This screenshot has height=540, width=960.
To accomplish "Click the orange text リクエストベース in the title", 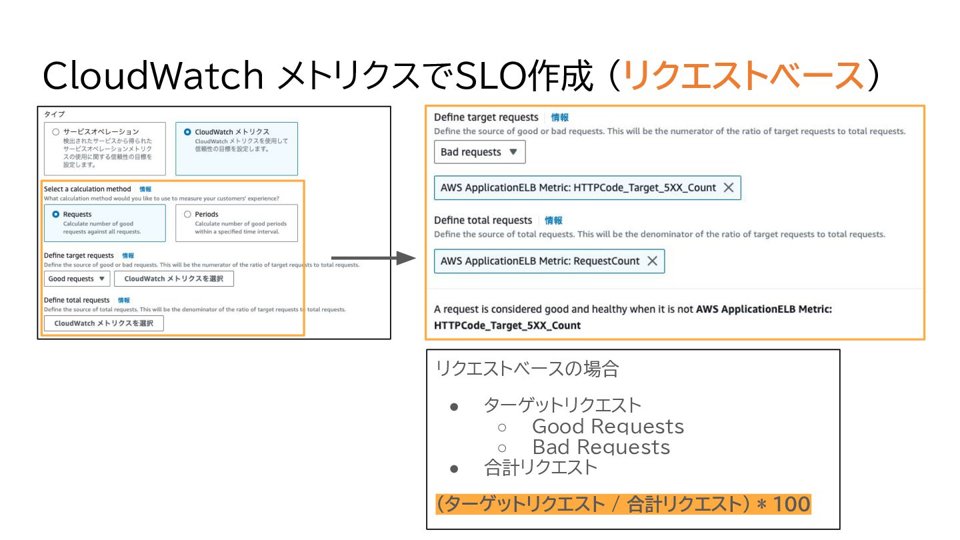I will (x=743, y=76).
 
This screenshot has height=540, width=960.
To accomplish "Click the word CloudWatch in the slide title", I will (x=153, y=76).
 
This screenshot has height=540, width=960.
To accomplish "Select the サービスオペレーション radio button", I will (x=56, y=132).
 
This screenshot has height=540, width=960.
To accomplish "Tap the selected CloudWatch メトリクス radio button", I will (x=187, y=132).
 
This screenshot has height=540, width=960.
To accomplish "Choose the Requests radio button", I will (x=56, y=215).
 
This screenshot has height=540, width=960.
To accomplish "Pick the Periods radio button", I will (x=187, y=215).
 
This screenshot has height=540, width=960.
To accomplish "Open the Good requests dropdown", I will (x=77, y=279).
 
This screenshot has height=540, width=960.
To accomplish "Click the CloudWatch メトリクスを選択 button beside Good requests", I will (x=173, y=279).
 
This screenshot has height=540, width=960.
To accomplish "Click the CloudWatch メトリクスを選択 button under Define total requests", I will (x=103, y=323).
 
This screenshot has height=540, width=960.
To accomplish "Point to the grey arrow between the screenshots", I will (x=373, y=258).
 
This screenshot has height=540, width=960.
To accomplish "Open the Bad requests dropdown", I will (x=479, y=152).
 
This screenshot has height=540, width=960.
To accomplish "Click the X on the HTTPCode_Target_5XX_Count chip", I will (x=729, y=188).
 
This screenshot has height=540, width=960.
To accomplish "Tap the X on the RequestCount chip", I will (x=652, y=261).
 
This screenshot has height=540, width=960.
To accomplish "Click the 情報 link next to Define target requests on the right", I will (x=560, y=117).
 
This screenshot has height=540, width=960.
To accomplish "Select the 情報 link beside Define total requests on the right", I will (x=553, y=220).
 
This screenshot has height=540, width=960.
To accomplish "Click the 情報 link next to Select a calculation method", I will (x=145, y=189).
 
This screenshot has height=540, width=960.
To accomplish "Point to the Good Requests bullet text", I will (x=607, y=426).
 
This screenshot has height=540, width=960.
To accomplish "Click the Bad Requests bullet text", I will (x=601, y=447).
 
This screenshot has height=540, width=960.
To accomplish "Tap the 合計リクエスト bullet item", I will (x=541, y=468).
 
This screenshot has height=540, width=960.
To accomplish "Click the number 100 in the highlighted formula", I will (x=792, y=504).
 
